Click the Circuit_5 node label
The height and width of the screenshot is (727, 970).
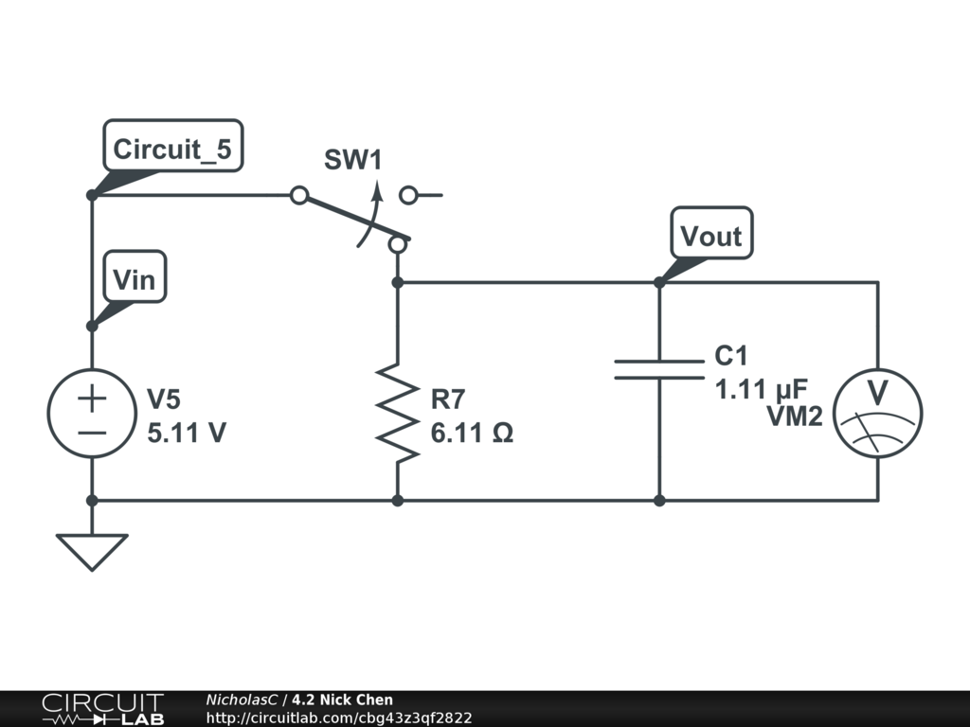[171, 149]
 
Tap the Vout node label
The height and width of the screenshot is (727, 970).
[711, 235]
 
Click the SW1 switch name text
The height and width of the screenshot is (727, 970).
[352, 160]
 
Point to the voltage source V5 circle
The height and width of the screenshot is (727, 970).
[92, 414]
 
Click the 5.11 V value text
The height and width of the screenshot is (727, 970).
[187, 433]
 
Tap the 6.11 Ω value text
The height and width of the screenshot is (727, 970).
[472, 433]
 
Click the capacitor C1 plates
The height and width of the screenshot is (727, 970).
[659, 369]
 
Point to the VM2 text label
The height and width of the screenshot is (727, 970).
[794, 417]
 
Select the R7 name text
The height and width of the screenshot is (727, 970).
[449, 398]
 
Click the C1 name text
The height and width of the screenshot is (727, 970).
[731, 356]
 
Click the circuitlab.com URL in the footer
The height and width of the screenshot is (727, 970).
[339, 718]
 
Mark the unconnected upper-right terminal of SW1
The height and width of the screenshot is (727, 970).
[408, 196]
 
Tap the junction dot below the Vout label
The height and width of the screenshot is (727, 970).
[659, 282]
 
